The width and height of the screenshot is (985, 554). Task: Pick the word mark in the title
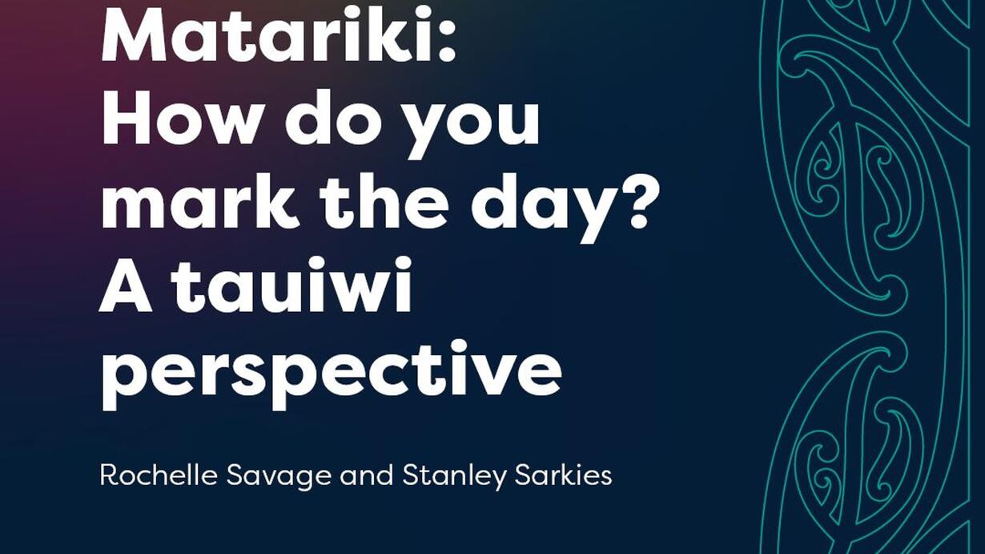[x=197, y=200]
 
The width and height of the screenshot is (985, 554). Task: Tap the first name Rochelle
[x=159, y=475]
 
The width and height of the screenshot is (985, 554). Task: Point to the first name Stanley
[x=454, y=479]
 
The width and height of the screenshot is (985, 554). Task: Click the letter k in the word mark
[x=272, y=200]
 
